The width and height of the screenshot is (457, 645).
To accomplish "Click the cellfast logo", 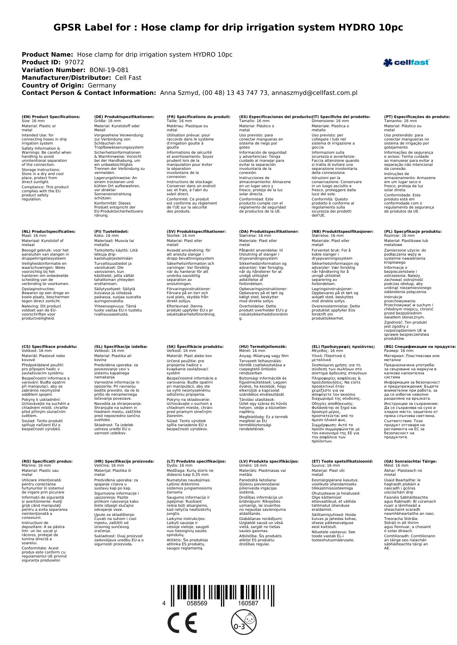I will [x=406, y=63].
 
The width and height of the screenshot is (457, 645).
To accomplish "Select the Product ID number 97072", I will [x=74, y=62].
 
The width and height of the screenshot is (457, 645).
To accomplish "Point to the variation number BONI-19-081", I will [x=109, y=70].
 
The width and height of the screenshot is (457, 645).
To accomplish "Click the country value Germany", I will [x=102, y=85].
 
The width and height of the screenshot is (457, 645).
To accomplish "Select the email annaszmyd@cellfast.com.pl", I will [x=314, y=93].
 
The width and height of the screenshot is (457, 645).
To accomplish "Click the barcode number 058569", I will [x=197, y=603].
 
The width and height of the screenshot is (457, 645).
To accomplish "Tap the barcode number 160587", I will [x=248, y=603].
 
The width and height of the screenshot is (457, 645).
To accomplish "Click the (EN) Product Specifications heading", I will [x=51, y=117].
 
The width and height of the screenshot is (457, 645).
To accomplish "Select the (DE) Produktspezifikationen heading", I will [x=124, y=117].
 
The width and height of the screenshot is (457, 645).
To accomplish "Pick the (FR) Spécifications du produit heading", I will [x=198, y=117].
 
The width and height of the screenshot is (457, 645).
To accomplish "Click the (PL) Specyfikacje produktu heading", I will [x=413, y=232].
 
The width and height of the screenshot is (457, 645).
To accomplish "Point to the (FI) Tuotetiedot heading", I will [x=111, y=232].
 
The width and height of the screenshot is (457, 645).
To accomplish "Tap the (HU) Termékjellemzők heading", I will [x=263, y=346].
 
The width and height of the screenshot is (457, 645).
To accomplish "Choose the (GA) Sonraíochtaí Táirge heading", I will [x=410, y=461].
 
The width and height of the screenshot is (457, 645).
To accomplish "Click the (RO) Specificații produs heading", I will [x=47, y=461].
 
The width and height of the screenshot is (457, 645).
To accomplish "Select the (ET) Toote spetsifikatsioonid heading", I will [x=342, y=461].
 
